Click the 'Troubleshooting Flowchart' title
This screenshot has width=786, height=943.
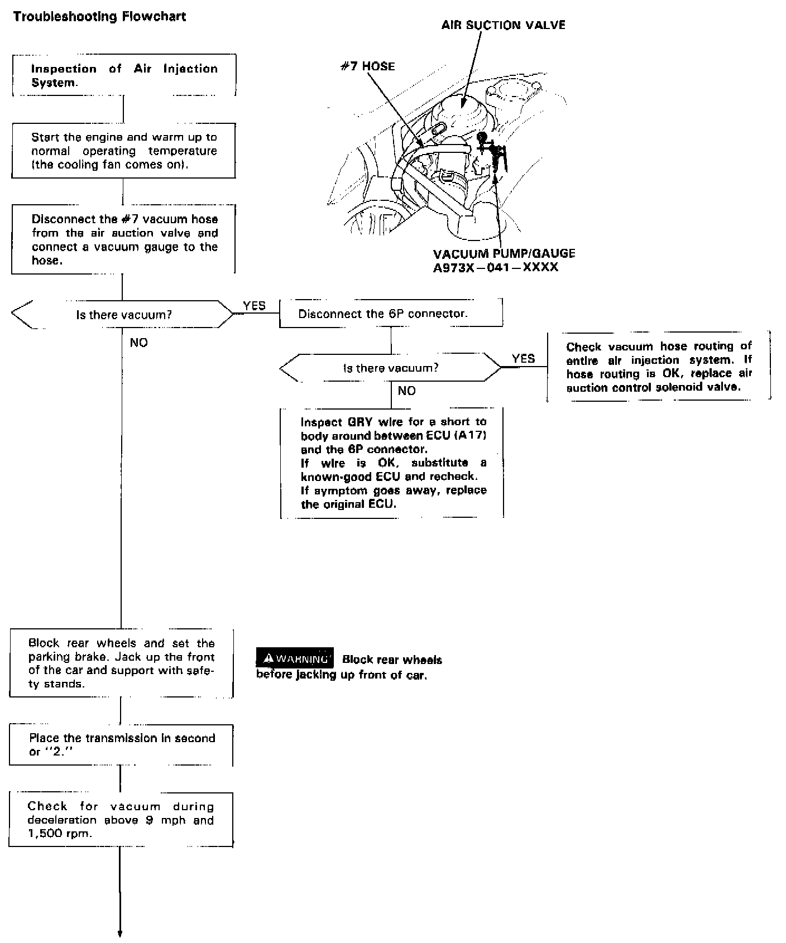click(x=99, y=16)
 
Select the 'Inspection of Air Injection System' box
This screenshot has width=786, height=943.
click(x=124, y=75)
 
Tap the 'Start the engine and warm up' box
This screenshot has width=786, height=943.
click(x=123, y=151)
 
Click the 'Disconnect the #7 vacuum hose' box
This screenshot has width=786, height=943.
click(x=123, y=239)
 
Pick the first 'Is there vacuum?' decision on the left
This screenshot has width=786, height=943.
click(x=123, y=315)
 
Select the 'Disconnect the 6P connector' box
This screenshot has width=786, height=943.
click(x=390, y=313)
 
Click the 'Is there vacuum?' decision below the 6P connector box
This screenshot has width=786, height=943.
click(x=390, y=368)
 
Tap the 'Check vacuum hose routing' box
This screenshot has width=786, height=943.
click(x=659, y=366)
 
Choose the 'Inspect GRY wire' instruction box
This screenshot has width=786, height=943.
click(x=392, y=463)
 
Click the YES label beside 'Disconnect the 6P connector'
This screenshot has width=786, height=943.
click(x=254, y=306)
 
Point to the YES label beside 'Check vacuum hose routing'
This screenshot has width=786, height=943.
click(x=523, y=359)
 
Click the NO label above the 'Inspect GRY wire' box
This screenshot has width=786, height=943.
click(x=406, y=391)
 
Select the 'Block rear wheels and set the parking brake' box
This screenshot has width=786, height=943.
click(x=122, y=663)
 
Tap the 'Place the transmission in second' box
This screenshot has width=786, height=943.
click(x=122, y=745)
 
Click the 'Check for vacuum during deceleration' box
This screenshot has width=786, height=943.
click(x=121, y=820)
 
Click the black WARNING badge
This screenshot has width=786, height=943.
click(x=295, y=659)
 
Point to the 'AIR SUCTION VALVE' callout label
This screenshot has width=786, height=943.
click(x=503, y=25)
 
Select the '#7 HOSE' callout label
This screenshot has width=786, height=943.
click(x=367, y=66)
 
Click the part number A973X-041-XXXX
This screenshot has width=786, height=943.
click(x=495, y=267)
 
